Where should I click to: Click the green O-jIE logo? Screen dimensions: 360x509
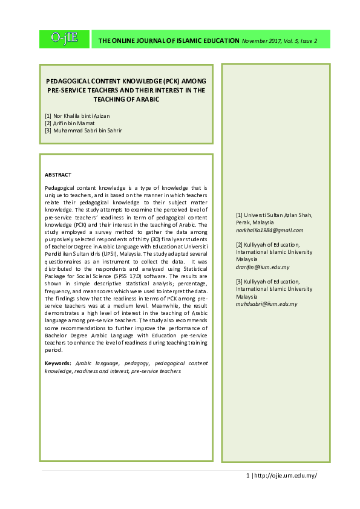pyautogui.click(x=64, y=39)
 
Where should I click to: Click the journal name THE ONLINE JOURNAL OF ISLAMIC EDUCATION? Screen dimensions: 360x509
pyautogui.click(x=169, y=41)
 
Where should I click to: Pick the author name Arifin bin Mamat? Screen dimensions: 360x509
pyautogui.click(x=75, y=123)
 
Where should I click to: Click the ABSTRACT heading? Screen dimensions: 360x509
pyautogui.click(x=58, y=175)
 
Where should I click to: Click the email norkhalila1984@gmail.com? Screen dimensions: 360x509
pyautogui.click(x=270, y=230)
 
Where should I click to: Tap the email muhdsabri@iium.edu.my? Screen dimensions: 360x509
pyautogui.click(x=267, y=304)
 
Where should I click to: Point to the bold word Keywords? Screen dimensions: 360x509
pyautogui.click(x=58, y=363)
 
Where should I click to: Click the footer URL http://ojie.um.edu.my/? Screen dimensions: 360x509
pyautogui.click(x=286, y=475)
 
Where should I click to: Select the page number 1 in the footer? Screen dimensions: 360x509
pyautogui.click(x=248, y=475)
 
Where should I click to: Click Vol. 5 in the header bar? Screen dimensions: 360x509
pyautogui.click(x=294, y=41)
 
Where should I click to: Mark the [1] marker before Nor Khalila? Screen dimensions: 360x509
pyautogui.click(x=48, y=115)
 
